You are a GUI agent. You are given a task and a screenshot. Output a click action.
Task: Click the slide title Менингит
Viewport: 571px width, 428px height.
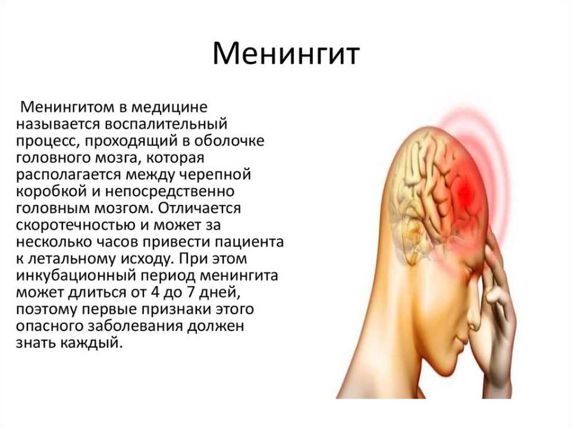pyautogui.click(x=286, y=55)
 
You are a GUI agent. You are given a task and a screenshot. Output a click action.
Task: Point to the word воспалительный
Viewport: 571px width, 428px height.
pyautogui.click(x=166, y=124)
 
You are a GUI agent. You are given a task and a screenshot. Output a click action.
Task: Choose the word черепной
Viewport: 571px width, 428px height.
pyautogui.click(x=215, y=175)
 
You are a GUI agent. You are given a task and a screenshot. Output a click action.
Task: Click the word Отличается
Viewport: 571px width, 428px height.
pyautogui.click(x=200, y=208)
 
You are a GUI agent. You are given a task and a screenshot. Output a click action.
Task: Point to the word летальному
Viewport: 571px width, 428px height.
pyautogui.click(x=72, y=259)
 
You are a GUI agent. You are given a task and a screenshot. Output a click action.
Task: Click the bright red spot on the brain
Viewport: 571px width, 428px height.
pyautogui.click(x=465, y=192)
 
